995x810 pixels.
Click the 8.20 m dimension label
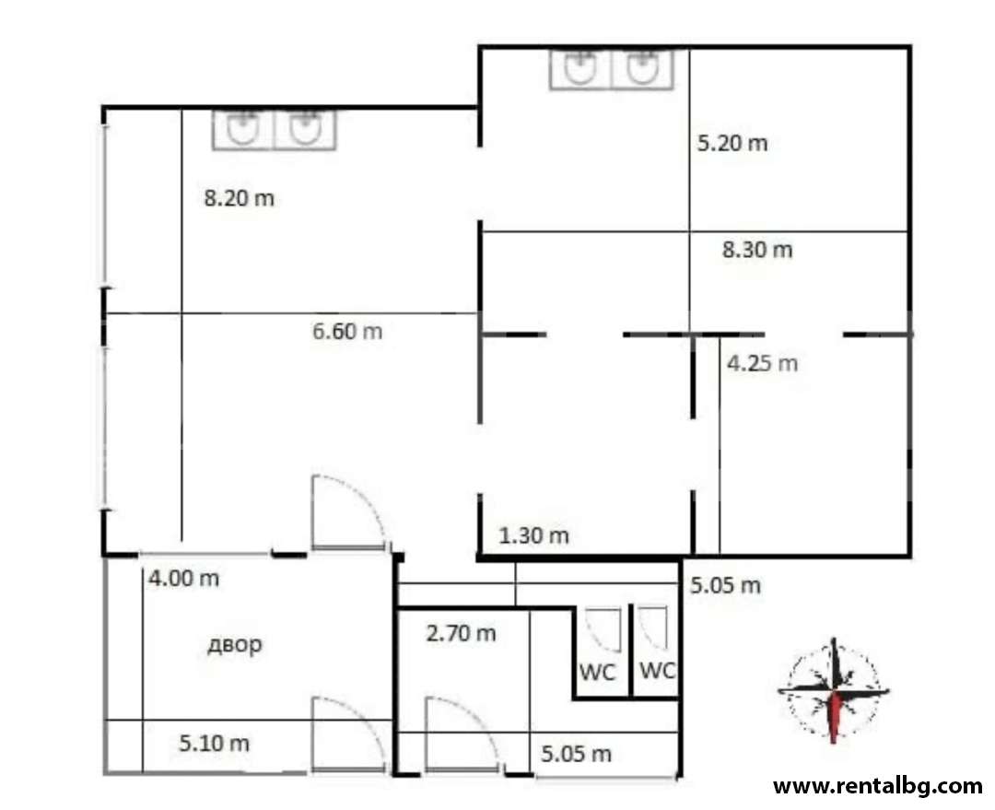point(240,198)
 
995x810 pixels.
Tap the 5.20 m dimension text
point(732,143)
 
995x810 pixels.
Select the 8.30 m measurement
point(757,250)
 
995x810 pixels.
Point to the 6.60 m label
point(347,331)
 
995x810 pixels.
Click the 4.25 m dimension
point(762,363)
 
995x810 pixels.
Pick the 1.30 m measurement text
point(533,535)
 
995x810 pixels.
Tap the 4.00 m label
point(183,579)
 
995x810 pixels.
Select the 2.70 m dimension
point(461,633)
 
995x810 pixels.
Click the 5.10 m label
point(214,743)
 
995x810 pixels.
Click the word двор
point(235,644)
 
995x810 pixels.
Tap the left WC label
point(598,673)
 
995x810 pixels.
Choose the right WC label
point(658,670)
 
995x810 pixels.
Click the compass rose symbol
point(834,690)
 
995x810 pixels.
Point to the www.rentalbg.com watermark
point(878,787)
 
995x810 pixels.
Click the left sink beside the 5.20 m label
point(580,68)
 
